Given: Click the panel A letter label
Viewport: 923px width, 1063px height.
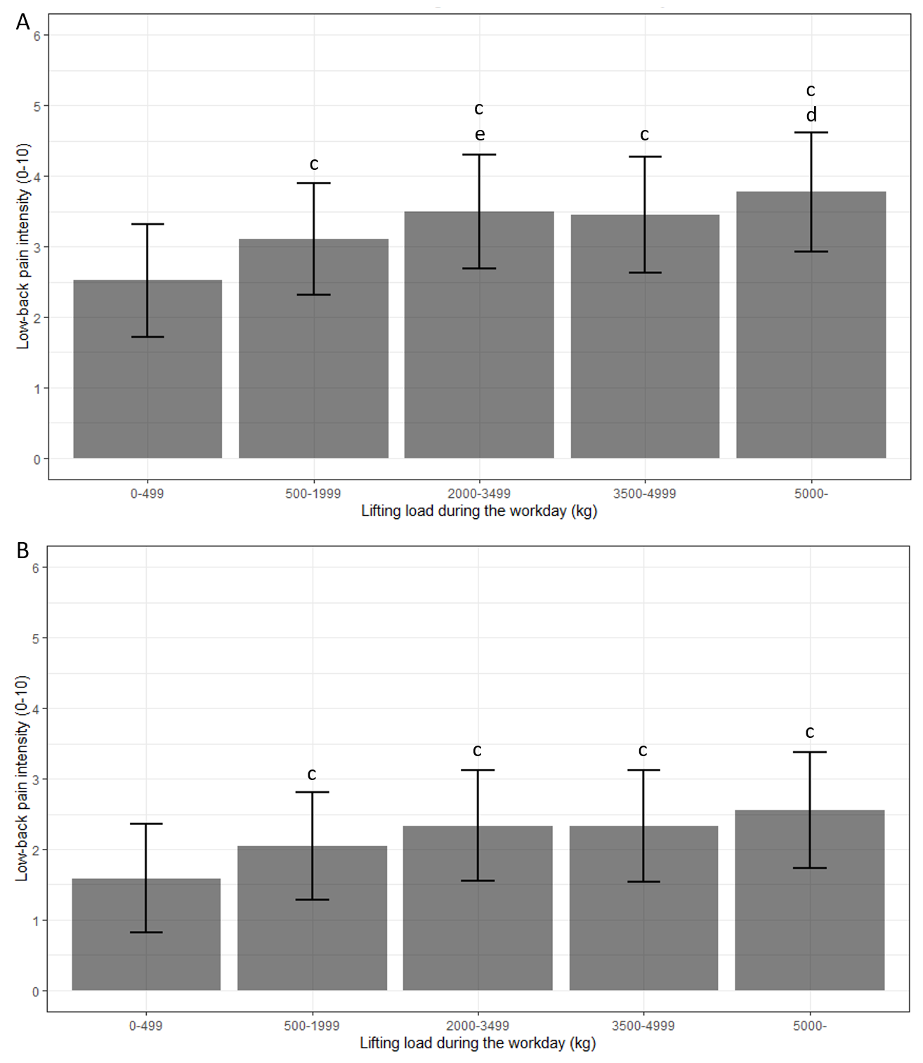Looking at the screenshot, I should tap(23, 22).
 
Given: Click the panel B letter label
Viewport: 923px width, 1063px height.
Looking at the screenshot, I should tap(22, 550).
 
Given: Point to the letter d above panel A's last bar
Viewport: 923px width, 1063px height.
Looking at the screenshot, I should tap(811, 115).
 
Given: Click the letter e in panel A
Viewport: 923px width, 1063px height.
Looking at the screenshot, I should tap(480, 134).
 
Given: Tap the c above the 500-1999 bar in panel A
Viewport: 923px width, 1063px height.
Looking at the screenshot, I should tap(314, 164).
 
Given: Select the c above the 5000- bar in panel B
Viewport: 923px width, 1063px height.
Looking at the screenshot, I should tap(810, 732).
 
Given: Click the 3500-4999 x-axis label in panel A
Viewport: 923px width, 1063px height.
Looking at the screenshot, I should tap(644, 494).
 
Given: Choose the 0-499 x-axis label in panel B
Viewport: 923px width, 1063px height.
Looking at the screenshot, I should tap(145, 1026).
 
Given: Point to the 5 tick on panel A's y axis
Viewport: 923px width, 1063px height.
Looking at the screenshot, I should tap(37, 106).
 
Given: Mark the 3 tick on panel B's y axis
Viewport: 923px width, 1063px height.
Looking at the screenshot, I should tap(36, 779).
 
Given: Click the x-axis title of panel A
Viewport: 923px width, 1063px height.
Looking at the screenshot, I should tap(479, 511).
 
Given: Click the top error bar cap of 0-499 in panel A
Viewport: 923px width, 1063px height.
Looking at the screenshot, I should tap(148, 224).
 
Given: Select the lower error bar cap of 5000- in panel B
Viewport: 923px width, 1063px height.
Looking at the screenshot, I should tap(810, 869).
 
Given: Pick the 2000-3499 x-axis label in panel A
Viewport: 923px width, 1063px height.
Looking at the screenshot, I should tap(479, 494).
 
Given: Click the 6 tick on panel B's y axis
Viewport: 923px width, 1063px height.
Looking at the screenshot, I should tap(36, 567).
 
